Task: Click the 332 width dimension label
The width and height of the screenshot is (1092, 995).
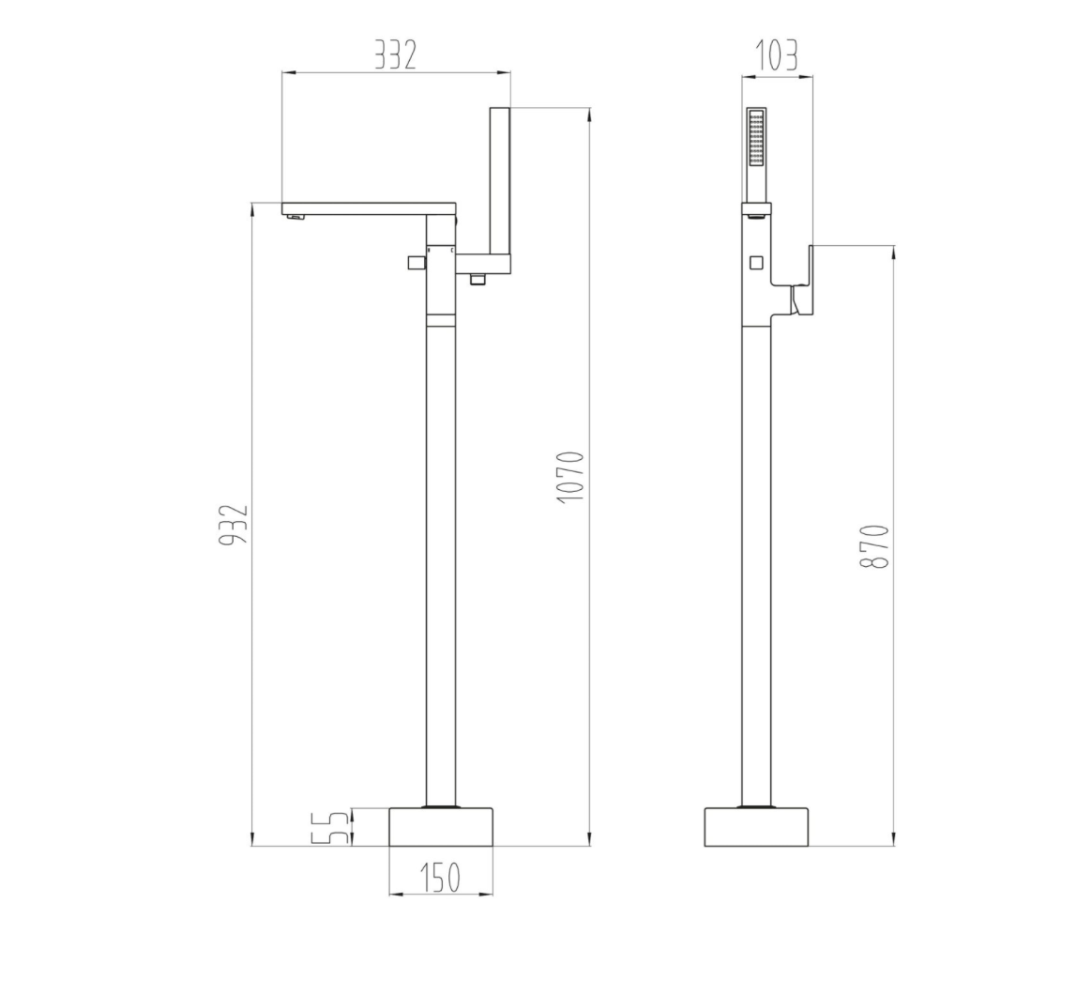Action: pos(395,55)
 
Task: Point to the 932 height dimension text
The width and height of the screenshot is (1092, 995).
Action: pos(235,525)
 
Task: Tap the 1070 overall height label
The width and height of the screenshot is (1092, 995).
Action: pos(570,477)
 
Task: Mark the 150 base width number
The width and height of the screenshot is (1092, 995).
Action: pos(439,877)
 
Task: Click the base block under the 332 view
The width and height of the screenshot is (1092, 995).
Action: pos(441,826)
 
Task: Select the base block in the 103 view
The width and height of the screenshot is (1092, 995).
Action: pos(756,826)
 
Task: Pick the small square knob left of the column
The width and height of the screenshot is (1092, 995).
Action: pos(414,262)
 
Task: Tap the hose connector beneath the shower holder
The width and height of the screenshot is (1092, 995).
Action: pos(478,279)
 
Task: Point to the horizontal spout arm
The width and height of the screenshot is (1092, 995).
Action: pos(368,208)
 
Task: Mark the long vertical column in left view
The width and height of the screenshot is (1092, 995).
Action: pos(441,563)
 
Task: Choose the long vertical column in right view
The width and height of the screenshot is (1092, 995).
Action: pos(756,563)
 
